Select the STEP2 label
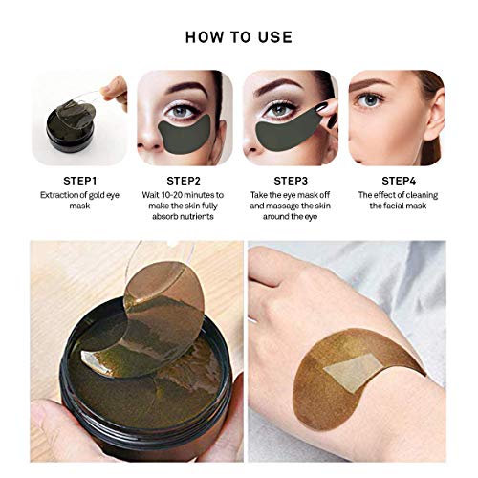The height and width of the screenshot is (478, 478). tap(184, 179)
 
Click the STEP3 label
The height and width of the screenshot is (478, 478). tap(293, 179)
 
